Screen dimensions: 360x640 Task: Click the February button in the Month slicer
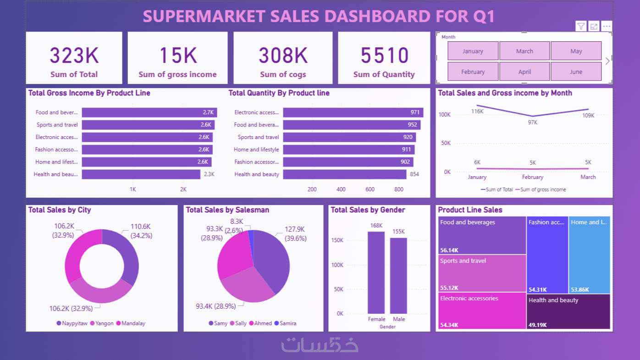tap(473, 72)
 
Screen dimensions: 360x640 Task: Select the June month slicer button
tap(576, 72)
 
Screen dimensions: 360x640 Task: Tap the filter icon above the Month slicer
tap(581, 26)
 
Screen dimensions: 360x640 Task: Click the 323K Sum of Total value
tap(74, 56)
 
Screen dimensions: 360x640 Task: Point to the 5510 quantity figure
tap(384, 56)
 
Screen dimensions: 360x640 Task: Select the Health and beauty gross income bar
tap(141, 174)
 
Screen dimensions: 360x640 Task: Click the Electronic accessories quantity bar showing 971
tap(353, 112)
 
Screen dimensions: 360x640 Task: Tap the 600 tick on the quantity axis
tap(370, 189)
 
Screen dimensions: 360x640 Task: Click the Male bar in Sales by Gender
tap(398, 275)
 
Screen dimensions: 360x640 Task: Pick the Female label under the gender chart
tap(376, 319)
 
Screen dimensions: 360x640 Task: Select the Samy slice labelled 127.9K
tap(273, 261)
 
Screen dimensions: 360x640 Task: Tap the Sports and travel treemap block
tap(481, 273)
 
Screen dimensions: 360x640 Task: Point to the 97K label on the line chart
tap(532, 122)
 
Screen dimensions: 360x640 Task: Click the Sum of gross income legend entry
tap(541, 189)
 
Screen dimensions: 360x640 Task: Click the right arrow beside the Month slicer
tap(607, 61)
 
